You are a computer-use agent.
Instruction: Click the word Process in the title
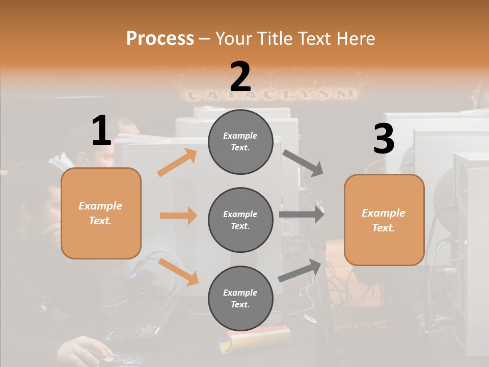(160, 38)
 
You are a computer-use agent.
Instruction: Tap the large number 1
(101, 131)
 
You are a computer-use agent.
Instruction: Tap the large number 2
(240, 76)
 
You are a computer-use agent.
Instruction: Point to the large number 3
(384, 139)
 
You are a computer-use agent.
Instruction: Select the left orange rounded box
(101, 213)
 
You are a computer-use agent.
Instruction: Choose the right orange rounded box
(384, 220)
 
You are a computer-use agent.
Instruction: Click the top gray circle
(240, 142)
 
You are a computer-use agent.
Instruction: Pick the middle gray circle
(240, 220)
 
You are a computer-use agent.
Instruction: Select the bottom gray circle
(240, 298)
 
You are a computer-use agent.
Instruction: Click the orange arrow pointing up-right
(177, 163)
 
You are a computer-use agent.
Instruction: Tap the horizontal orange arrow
(178, 216)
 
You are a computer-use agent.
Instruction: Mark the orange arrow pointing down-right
(178, 272)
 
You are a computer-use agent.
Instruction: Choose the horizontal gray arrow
(302, 215)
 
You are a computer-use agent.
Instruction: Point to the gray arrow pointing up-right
(300, 270)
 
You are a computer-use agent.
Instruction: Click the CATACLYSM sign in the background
(270, 94)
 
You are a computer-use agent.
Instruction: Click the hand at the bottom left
(84, 352)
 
